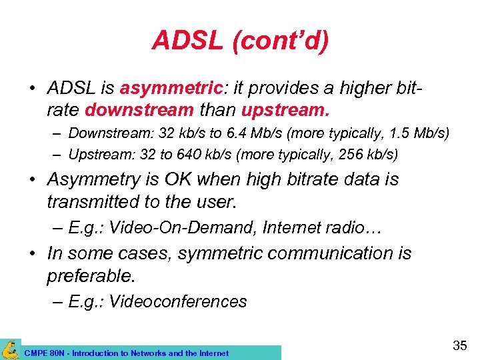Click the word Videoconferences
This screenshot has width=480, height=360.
click(x=177, y=301)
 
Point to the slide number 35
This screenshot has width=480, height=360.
click(x=459, y=345)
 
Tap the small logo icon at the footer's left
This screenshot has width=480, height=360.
click(x=10, y=349)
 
